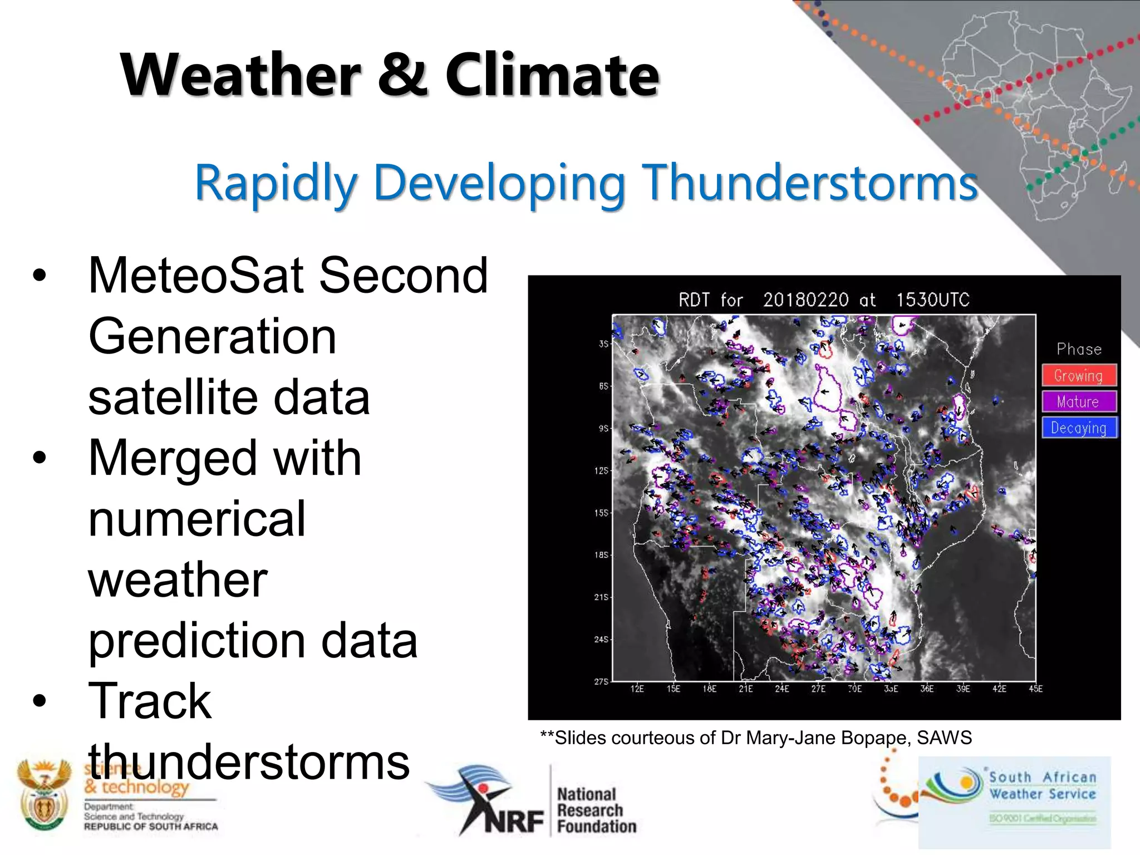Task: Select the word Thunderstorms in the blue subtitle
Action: pos(810,183)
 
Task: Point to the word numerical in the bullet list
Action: pos(196,519)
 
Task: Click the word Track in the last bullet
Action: pos(149,701)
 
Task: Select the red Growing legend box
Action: pos(1079,376)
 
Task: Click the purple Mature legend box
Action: pos(1079,401)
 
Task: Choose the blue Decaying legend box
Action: pos(1079,427)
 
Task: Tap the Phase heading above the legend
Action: pos(1079,350)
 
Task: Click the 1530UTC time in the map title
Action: pos(932,300)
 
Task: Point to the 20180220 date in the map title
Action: pos(805,300)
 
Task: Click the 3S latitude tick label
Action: pos(603,344)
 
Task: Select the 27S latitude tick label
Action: pos(601,681)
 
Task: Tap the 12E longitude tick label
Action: pos(637,689)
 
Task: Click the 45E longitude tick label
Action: pos(1035,689)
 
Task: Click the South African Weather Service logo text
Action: pos(1042,785)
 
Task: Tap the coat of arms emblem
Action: pos(43,795)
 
